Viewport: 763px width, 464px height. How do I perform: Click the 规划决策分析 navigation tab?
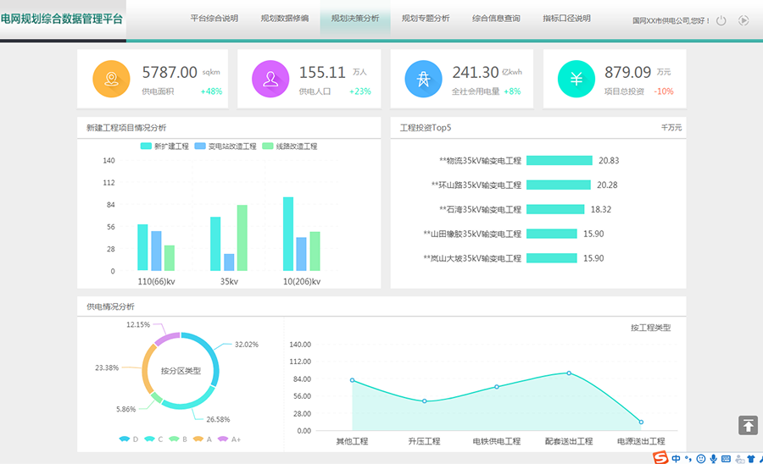pos(355,18)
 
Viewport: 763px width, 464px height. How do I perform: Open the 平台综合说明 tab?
pos(214,18)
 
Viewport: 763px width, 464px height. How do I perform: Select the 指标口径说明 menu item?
pos(566,18)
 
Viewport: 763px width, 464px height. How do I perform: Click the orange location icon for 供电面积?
pos(110,79)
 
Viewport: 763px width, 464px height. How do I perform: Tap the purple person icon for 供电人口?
pos(270,79)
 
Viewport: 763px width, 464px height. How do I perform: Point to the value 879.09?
pos(627,73)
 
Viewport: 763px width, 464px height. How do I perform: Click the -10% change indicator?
pos(664,91)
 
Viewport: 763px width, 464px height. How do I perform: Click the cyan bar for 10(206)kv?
pos(288,234)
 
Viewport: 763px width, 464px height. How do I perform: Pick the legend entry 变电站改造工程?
pos(226,146)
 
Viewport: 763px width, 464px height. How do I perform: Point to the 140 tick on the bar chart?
pos(109,160)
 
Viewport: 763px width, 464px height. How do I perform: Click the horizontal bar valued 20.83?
pos(559,160)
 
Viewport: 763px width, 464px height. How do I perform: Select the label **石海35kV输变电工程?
pos(480,209)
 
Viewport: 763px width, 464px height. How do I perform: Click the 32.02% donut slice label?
pos(246,345)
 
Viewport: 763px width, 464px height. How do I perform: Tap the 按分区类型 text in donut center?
pos(181,371)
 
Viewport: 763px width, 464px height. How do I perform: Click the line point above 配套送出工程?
pos(569,373)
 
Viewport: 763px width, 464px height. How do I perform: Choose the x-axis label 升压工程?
pos(424,441)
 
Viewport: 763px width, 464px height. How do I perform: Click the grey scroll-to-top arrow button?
pos(748,425)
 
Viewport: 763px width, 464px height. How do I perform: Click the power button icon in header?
pos(721,20)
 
